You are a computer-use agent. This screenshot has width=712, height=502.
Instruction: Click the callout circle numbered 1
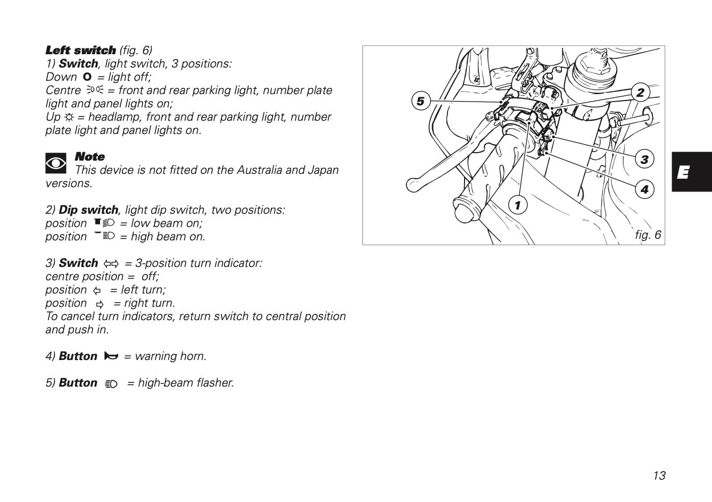(x=517, y=205)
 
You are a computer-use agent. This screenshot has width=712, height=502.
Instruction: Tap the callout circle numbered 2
(x=640, y=93)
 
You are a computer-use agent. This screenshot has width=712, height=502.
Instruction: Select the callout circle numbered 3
(x=644, y=159)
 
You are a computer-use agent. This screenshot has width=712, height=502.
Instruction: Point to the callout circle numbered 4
(x=644, y=189)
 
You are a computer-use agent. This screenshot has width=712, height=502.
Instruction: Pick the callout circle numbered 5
(x=420, y=101)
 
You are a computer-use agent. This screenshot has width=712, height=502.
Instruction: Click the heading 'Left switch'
(x=80, y=51)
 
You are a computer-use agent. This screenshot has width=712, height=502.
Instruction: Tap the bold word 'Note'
(x=89, y=157)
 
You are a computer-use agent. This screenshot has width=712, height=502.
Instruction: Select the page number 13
(x=659, y=475)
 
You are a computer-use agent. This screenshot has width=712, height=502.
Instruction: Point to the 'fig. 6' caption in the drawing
(x=648, y=235)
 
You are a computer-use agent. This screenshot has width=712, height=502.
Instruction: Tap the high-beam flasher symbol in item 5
(x=111, y=383)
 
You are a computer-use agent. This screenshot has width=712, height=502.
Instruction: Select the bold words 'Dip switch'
(x=88, y=210)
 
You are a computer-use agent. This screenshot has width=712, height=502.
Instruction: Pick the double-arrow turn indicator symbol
(x=111, y=263)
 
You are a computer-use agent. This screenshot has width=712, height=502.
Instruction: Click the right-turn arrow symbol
(x=100, y=304)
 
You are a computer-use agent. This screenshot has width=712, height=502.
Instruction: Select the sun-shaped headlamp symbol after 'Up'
(x=69, y=117)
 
